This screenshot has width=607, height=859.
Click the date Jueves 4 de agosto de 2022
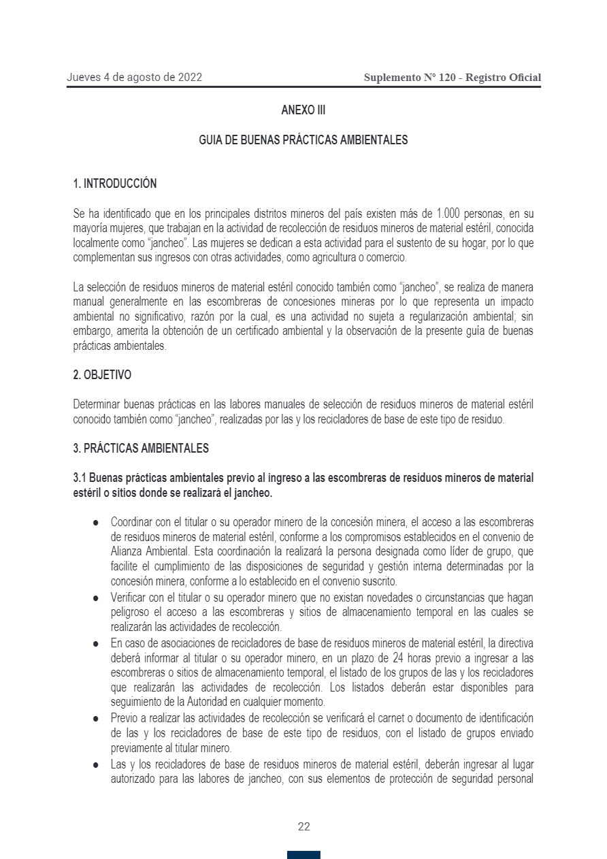(x=134, y=78)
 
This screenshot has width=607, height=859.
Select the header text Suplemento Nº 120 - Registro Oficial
(x=453, y=78)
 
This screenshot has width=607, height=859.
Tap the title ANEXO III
(x=303, y=110)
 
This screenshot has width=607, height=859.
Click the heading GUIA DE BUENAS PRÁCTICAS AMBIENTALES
(x=303, y=140)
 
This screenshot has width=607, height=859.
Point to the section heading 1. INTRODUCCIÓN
(x=114, y=184)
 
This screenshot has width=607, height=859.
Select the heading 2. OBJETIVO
(x=102, y=375)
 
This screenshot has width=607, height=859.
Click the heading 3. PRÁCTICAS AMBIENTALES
(x=141, y=449)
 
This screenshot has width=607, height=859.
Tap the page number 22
(x=303, y=827)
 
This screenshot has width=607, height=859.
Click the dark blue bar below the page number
(x=303, y=855)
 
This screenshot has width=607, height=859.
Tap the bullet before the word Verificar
(x=96, y=598)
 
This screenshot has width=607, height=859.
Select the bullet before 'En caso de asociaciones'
(x=96, y=642)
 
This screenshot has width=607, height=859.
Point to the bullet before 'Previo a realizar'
(x=96, y=718)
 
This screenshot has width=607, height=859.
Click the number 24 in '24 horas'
(x=390, y=658)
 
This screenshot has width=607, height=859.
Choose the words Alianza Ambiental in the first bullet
(x=146, y=551)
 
